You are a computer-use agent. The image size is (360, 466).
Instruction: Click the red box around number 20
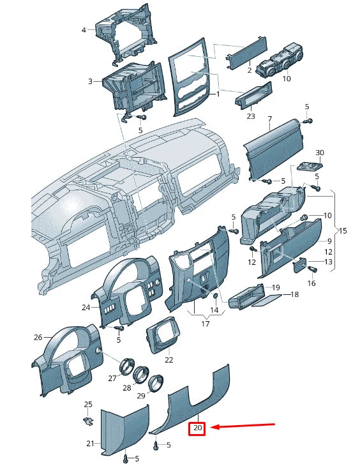pyautogui.click(x=197, y=428)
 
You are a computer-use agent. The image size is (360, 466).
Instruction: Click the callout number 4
pyautogui.click(x=84, y=30)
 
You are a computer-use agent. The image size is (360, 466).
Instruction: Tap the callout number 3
pyautogui.click(x=91, y=81)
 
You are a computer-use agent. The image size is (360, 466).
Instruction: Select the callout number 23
pyautogui.click(x=251, y=116)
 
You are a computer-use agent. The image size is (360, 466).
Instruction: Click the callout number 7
pyautogui.click(x=269, y=119)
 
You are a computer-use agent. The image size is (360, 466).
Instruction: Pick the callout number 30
pyautogui.click(x=320, y=153)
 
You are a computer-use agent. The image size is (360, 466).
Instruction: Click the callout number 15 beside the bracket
pyautogui.click(x=343, y=230)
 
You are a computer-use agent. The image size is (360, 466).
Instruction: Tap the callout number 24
pyautogui.click(x=86, y=307)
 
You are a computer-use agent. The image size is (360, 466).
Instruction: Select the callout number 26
pyautogui.click(x=38, y=337)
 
